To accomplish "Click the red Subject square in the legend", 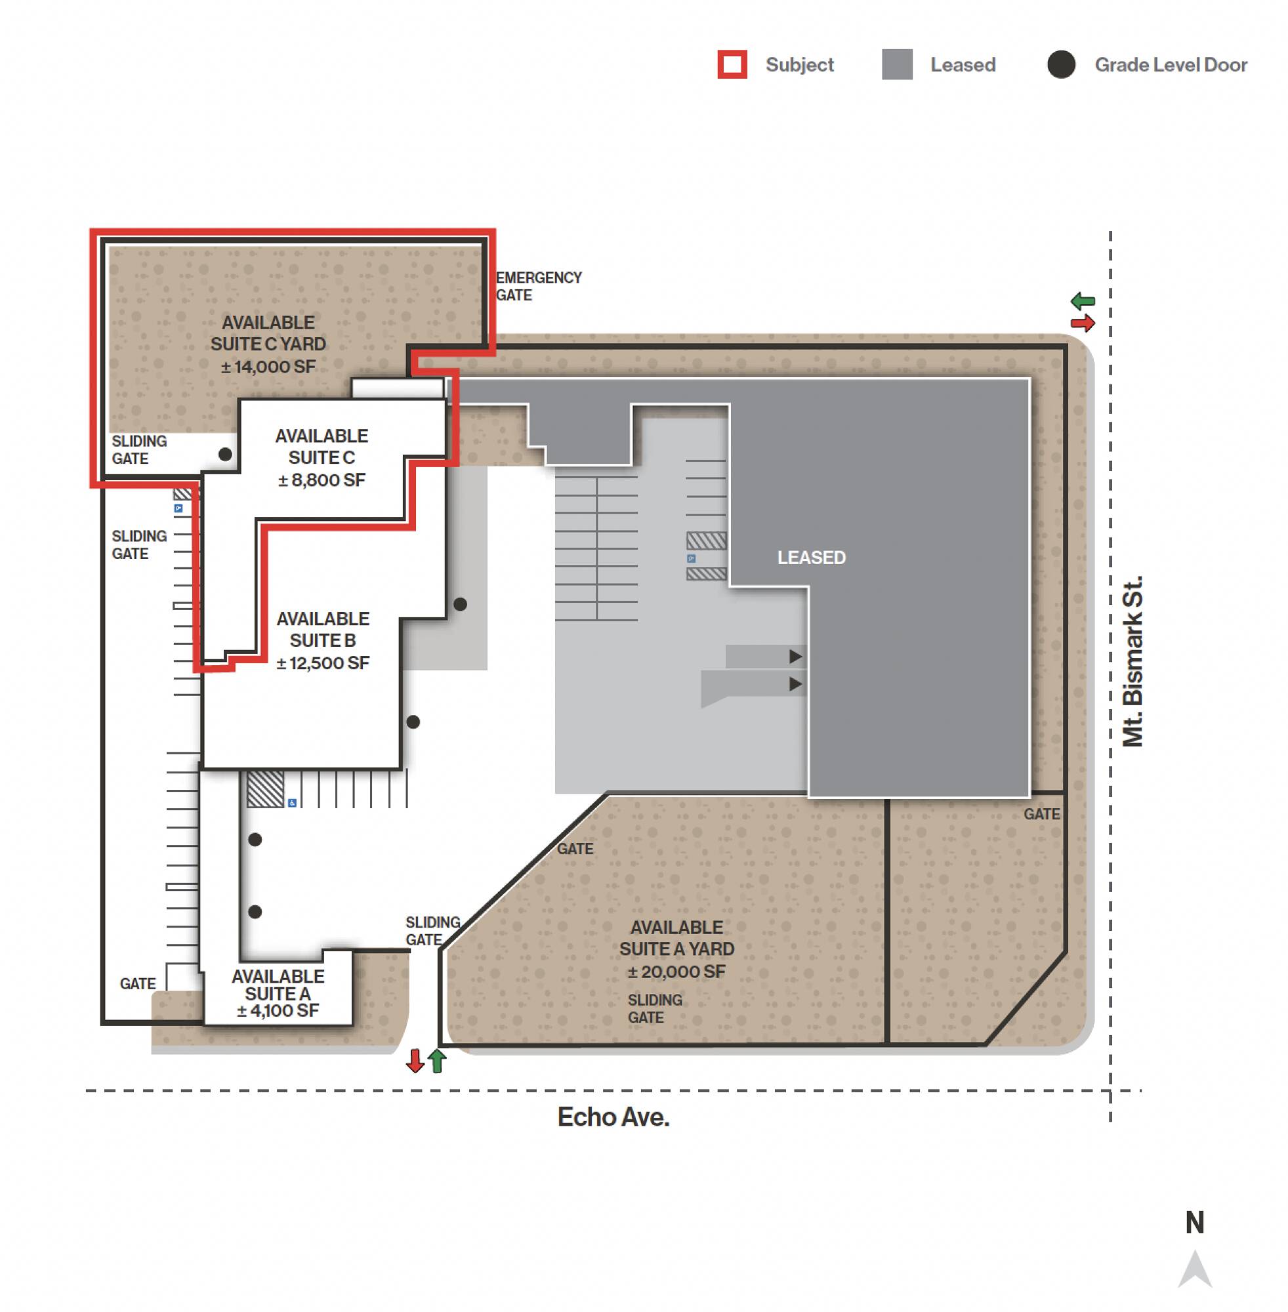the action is (x=732, y=65).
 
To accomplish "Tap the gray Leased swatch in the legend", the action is (x=897, y=65).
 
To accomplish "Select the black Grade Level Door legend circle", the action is (x=1062, y=65).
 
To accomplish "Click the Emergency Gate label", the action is (x=539, y=286).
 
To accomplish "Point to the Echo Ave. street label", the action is (x=613, y=1117).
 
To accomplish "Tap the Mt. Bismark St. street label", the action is (x=1132, y=661).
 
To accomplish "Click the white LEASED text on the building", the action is (x=811, y=557).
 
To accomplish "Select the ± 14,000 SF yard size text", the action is (x=268, y=367).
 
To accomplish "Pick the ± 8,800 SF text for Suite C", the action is (x=322, y=480).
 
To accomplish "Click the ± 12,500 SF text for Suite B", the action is (x=323, y=663).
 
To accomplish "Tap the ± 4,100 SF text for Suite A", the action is (x=278, y=1010).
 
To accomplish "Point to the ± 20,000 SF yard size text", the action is (x=676, y=972).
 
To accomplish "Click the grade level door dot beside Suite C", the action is (x=225, y=454).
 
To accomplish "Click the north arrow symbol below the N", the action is (x=1195, y=1269).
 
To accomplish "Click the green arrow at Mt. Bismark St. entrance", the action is (x=1083, y=301).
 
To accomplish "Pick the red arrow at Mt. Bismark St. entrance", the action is (x=1083, y=323).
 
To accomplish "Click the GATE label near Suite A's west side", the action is (x=137, y=983).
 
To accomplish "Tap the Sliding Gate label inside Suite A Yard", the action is (x=655, y=1008).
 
